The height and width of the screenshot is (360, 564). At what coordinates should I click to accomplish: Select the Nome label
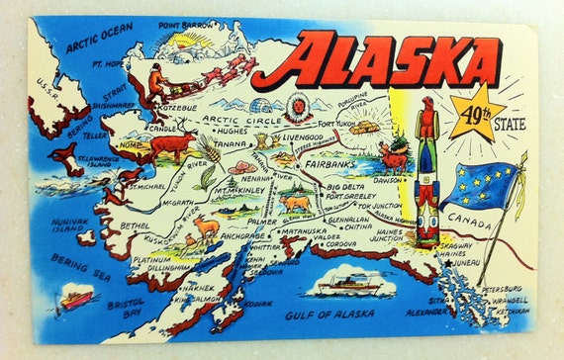pos(127,144)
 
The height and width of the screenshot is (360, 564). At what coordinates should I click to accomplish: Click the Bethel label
pos(136,225)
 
